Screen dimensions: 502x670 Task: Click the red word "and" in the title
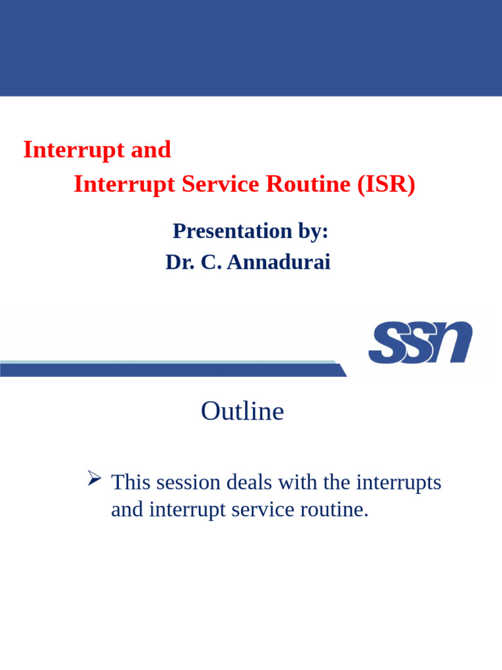(x=151, y=150)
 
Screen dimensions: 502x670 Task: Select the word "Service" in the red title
(x=220, y=184)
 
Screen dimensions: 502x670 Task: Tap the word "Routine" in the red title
(x=308, y=184)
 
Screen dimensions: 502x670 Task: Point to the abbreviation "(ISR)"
(x=386, y=184)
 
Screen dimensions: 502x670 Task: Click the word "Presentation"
(x=232, y=231)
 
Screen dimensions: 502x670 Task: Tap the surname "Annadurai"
(x=278, y=262)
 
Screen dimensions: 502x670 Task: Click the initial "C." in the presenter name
(x=211, y=262)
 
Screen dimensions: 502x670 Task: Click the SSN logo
(x=420, y=342)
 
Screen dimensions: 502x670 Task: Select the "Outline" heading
(x=243, y=411)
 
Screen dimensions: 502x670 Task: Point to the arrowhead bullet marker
(x=94, y=478)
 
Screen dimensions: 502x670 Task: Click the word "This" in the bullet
(x=131, y=482)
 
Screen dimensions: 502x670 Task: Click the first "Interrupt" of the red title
(x=74, y=150)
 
